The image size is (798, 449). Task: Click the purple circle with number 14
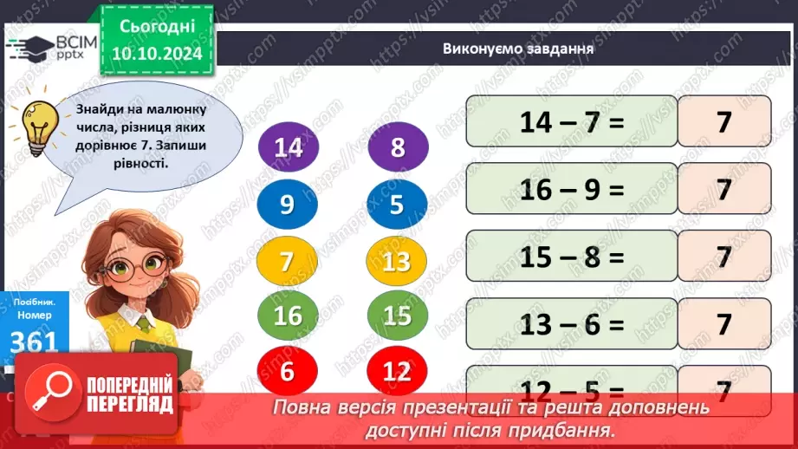tap(288, 148)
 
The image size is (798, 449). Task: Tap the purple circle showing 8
tap(398, 148)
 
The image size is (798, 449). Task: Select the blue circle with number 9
tap(288, 205)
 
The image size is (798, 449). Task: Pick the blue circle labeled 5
tap(398, 205)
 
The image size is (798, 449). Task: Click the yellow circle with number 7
tap(288, 261)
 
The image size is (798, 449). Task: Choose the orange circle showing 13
tap(398, 261)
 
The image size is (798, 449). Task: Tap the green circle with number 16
tap(288, 316)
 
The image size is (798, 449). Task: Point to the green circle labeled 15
tap(398, 316)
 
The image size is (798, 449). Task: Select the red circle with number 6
tap(288, 371)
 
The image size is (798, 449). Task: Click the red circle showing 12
tap(398, 371)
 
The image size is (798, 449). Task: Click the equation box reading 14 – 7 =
tap(571, 122)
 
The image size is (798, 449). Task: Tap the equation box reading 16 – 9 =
tap(571, 189)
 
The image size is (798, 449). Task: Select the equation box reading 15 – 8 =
tap(571, 257)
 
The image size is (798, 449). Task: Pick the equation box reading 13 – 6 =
tap(571, 324)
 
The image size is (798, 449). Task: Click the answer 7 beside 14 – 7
tap(724, 122)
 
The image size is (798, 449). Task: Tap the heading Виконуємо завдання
tap(517, 49)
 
